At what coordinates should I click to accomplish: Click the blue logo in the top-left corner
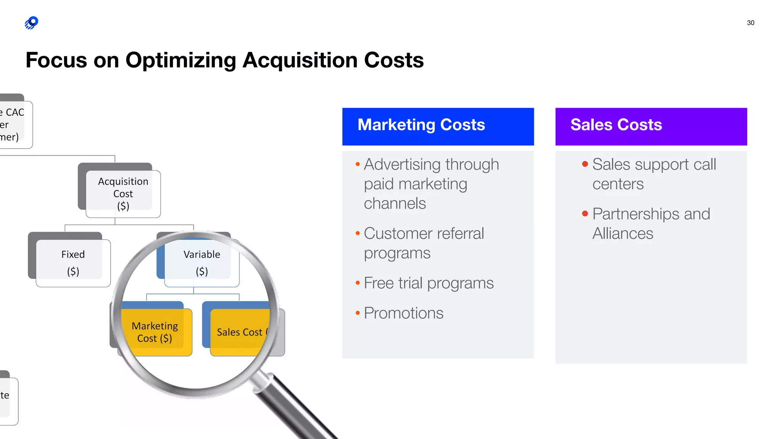pos(32,23)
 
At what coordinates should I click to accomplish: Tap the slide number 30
pos(750,23)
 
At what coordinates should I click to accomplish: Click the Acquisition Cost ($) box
pos(123,194)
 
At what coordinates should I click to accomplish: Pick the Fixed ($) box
pos(73,263)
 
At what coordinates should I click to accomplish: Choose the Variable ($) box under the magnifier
pos(201,263)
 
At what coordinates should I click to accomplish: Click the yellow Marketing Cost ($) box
pos(155,332)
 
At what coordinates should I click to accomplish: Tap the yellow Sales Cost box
pos(240,332)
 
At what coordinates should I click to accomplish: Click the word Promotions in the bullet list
pos(403,313)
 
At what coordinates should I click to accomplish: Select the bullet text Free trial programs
pos(428,283)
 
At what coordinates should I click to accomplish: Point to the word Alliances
pos(623,234)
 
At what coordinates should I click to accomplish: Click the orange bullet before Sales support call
pos(585,164)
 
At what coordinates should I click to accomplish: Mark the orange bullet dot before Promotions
pos(358,313)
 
